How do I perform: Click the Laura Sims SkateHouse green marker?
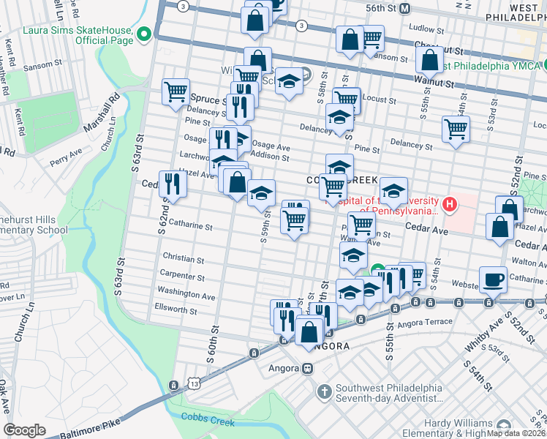[x=144, y=33]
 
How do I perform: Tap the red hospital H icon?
[x=450, y=203]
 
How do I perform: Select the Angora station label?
[x=282, y=368]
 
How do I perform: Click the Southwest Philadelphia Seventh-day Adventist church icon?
[x=324, y=392]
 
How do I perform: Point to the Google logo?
[x=24, y=430]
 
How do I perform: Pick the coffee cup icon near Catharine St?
[x=493, y=279]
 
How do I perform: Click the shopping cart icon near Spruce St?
[x=176, y=92]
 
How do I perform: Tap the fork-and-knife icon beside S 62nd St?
[x=173, y=183]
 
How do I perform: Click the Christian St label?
[x=183, y=259]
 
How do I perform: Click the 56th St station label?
[x=381, y=7]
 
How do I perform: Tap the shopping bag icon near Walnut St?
[x=431, y=60]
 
